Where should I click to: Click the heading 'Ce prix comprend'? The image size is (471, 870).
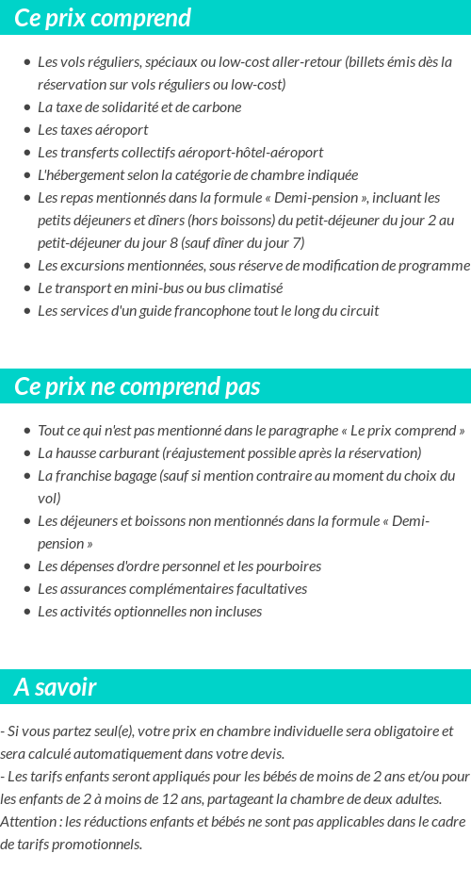pos(103,18)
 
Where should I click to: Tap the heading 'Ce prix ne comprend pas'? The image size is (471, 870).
pos(138,386)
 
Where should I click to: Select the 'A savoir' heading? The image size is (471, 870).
pos(56,687)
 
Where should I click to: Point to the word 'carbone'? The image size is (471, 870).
pos(218,107)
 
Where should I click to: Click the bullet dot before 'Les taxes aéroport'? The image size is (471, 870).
pos(27,130)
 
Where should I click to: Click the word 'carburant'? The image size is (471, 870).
pos(128,453)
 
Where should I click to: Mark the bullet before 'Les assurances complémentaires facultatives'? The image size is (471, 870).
pos(27,589)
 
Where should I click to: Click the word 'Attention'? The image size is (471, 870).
pos(28,822)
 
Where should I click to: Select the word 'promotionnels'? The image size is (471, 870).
pos(97,845)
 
